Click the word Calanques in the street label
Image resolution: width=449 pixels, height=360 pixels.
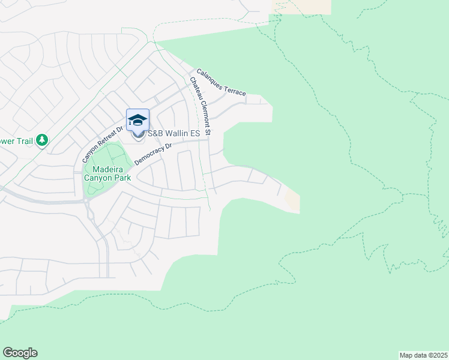tap(210, 79)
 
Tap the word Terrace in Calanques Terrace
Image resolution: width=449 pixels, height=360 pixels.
tap(236, 91)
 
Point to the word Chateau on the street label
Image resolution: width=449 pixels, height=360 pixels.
tap(196, 91)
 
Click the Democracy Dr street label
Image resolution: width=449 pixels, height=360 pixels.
tap(153, 154)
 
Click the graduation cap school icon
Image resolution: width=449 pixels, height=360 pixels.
tap(137, 119)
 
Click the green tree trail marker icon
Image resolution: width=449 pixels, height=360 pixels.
tap(42, 140)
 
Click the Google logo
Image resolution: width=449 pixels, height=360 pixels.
tap(20, 353)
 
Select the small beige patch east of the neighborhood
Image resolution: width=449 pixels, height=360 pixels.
tap(292, 199)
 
